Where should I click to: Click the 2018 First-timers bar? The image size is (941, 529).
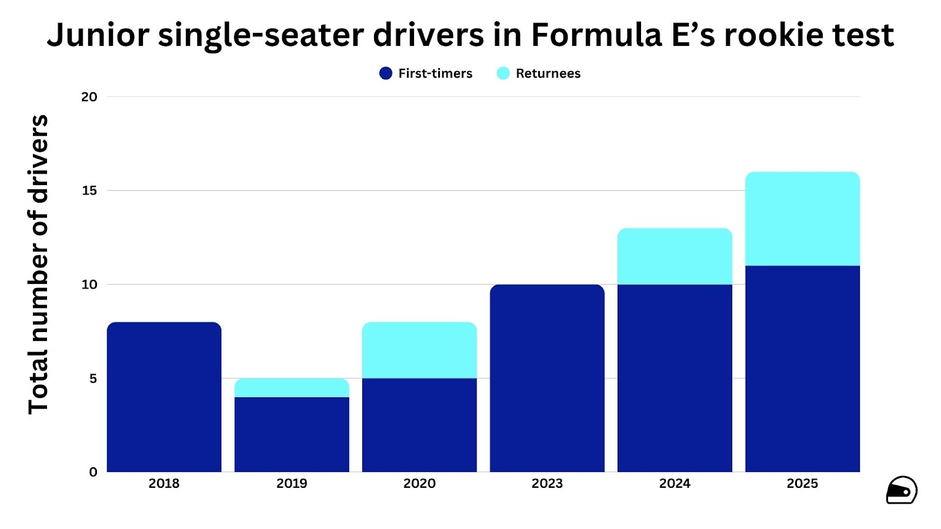coord(164,397)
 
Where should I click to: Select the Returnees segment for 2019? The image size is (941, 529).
coord(292,388)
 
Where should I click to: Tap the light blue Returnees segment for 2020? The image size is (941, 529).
coord(419,350)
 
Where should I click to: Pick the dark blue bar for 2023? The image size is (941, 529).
coord(547,378)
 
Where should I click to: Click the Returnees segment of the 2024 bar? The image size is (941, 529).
coord(675,256)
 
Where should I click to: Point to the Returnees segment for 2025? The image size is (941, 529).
coord(802,219)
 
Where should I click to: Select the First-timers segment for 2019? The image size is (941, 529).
coord(292,434)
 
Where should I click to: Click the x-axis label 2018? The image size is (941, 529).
coord(164,484)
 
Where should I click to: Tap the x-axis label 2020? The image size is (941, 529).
coord(419,484)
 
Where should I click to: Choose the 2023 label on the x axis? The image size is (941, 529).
coord(547,484)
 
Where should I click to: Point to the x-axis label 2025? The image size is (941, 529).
coord(802,484)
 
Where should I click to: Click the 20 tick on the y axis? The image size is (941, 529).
coord(89,97)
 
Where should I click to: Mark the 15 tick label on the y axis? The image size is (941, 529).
coord(89,190)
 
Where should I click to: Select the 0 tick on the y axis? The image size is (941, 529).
coord(93,472)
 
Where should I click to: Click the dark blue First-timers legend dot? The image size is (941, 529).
coord(386,73)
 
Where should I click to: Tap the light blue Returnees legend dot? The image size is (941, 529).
coord(503,73)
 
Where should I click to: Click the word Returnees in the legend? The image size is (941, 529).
coord(548,73)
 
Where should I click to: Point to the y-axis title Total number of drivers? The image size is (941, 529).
coord(39,264)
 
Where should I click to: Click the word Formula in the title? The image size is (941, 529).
coord(596,35)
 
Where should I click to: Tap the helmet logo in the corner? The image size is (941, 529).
coord(901,490)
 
